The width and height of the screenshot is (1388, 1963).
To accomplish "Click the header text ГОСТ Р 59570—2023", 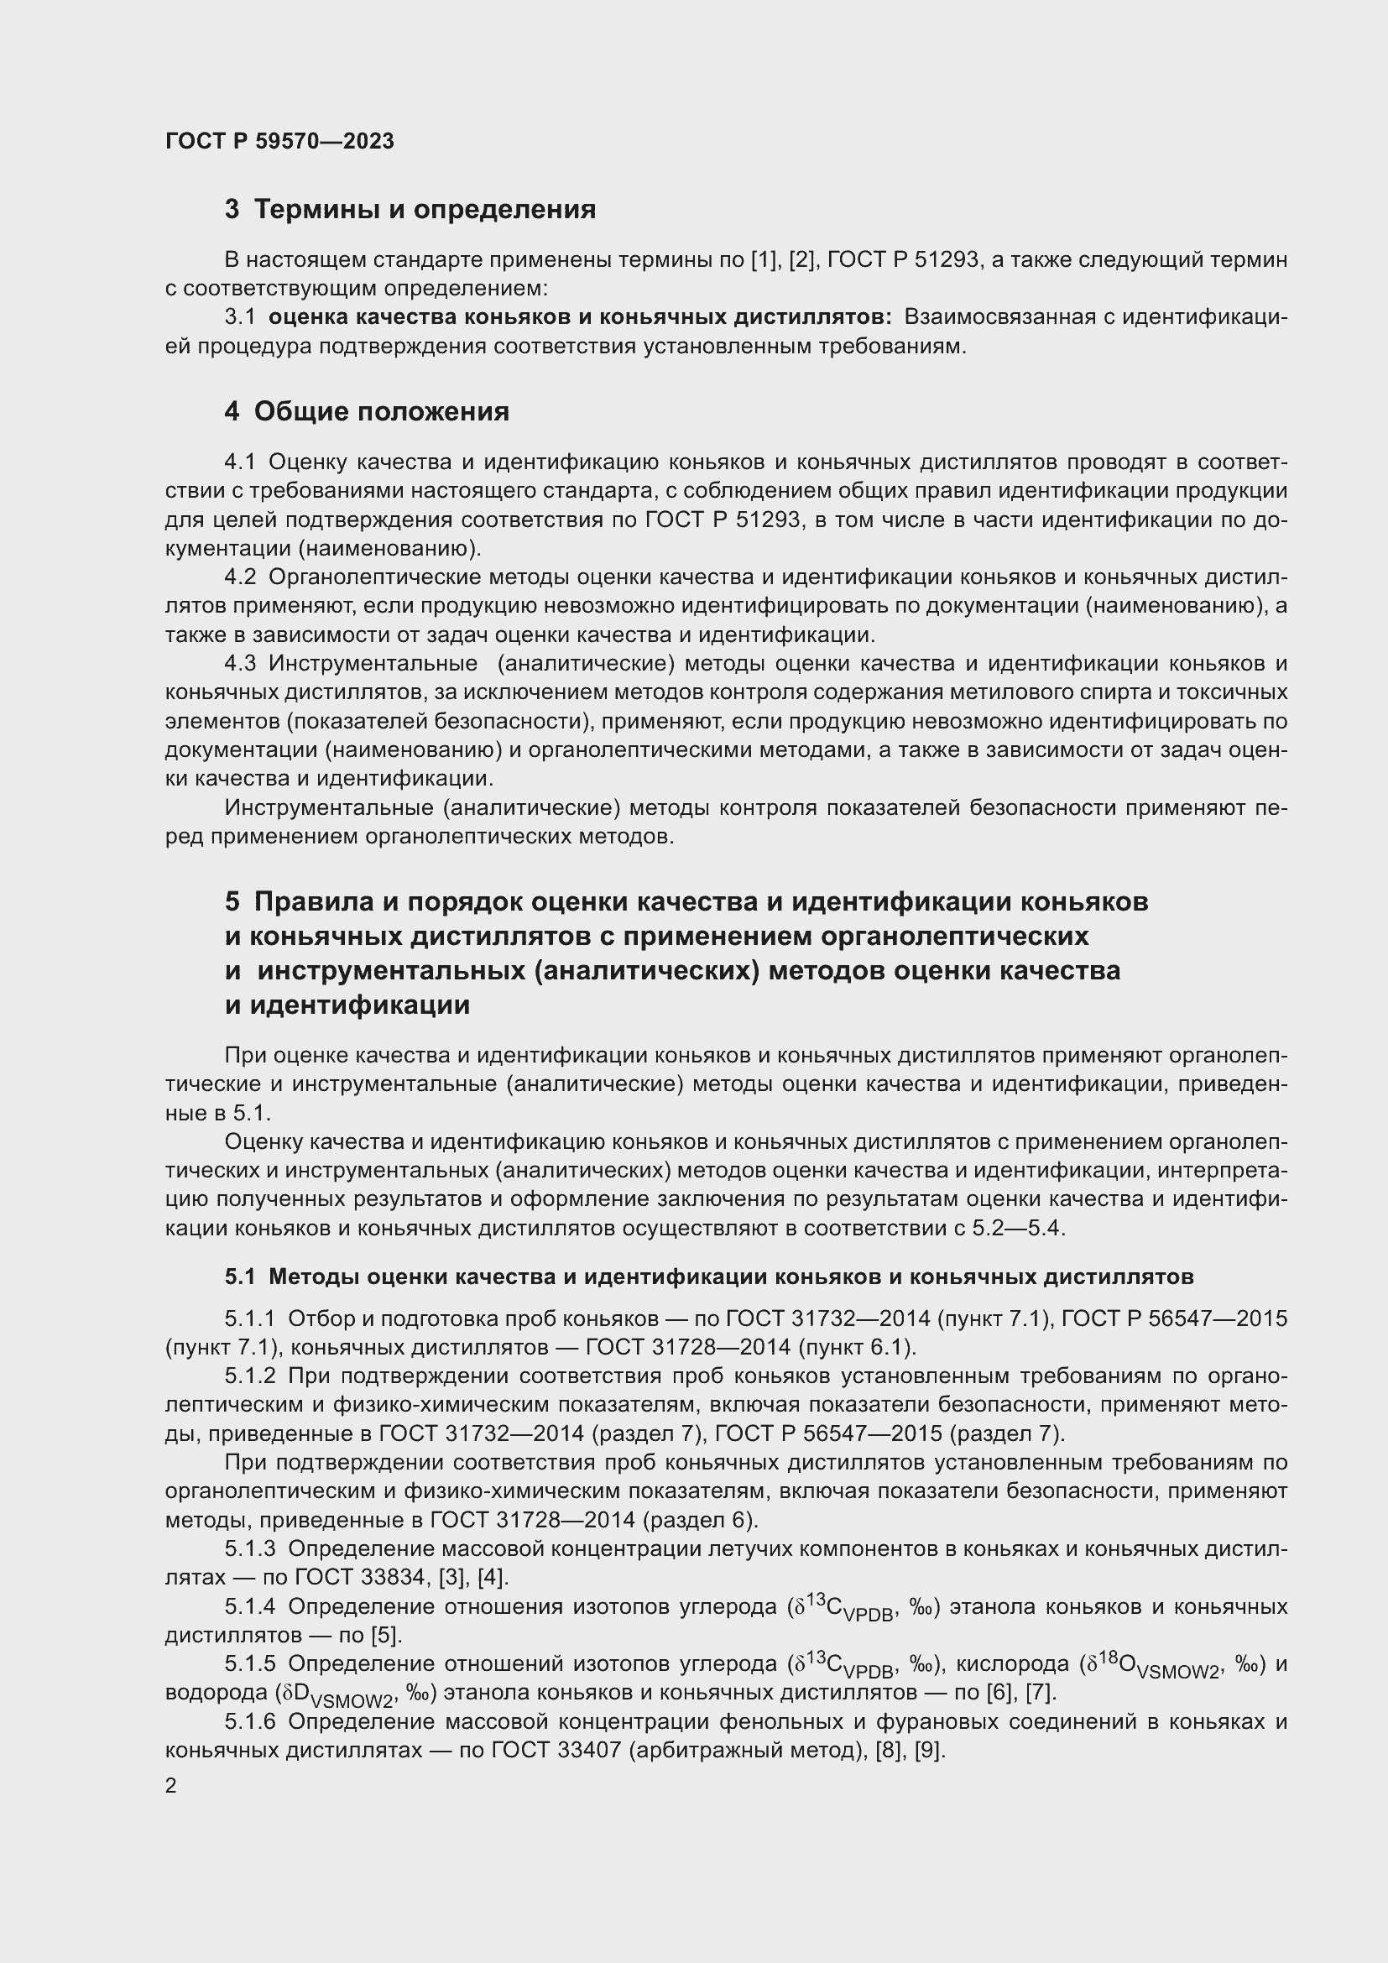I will coord(279,141).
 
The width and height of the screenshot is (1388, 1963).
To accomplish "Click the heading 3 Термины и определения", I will coord(410,210).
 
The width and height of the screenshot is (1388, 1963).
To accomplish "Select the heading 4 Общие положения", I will coord(367,411).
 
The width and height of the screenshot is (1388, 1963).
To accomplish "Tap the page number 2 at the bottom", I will coord(171,1785).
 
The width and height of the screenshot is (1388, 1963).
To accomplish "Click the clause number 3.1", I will coord(240,317).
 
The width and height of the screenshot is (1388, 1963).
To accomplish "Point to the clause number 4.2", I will coord(240,577).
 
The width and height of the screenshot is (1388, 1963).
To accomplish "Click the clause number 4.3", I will coord(240,664).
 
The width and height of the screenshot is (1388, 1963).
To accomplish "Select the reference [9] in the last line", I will coord(929,1750).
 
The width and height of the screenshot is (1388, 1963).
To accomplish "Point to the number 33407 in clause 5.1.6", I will coord(590,1750).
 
